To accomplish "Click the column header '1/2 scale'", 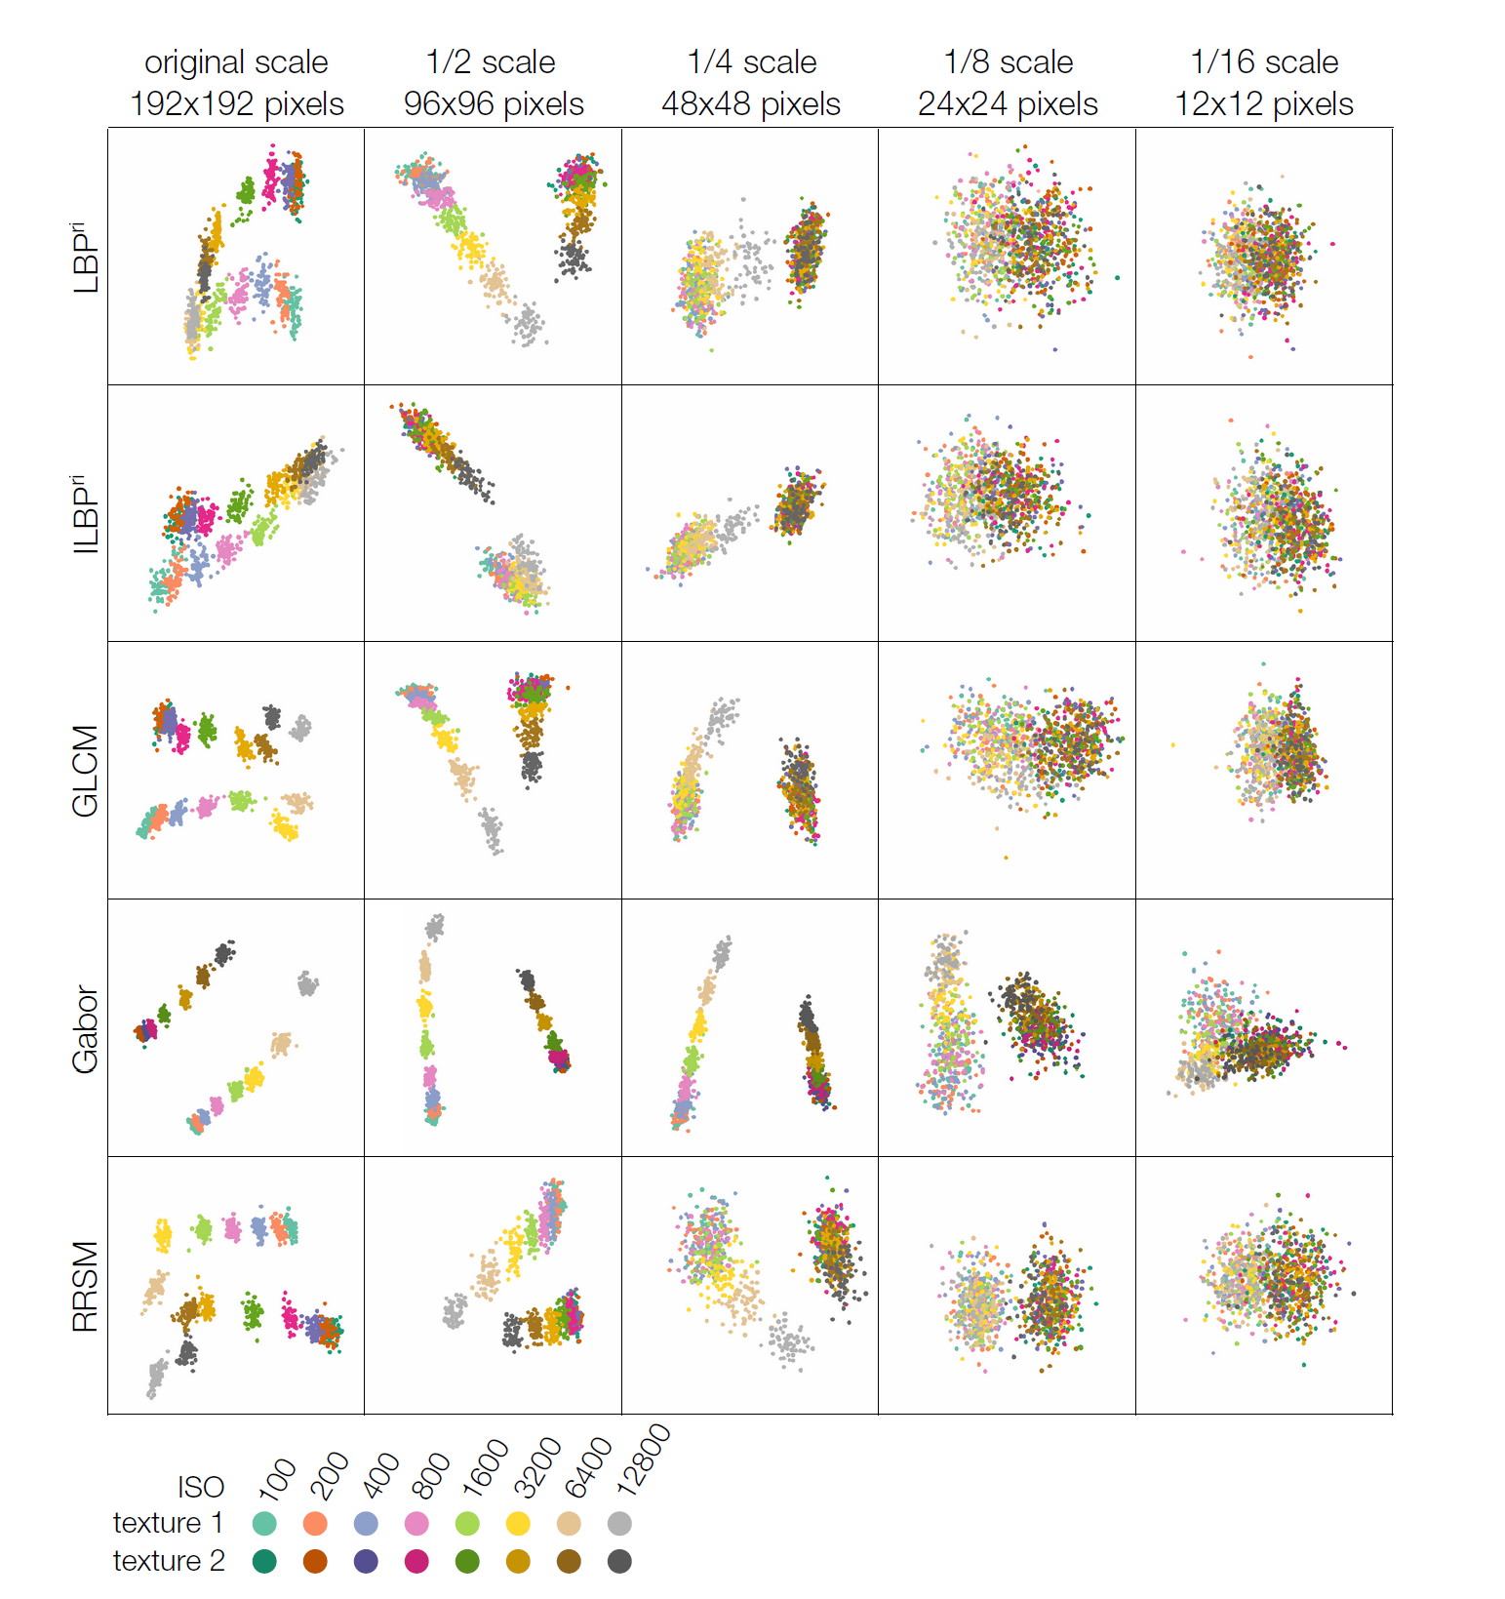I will click(492, 62).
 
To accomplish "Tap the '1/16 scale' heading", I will click(1264, 62).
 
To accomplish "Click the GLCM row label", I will click(86, 771).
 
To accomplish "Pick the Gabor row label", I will click(86, 1028).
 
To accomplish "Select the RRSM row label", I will click(86, 1286).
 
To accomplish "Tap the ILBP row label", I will click(86, 514).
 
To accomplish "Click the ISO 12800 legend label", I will click(644, 1460).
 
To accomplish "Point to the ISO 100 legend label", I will click(277, 1478).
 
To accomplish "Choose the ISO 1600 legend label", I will click(485, 1468).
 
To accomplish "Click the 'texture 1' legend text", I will click(168, 1523).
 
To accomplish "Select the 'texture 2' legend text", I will click(168, 1561).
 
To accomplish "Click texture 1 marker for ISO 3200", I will click(518, 1523).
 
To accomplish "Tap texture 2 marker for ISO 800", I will click(416, 1561).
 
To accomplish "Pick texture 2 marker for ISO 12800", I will click(619, 1561).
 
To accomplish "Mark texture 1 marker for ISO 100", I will click(264, 1523).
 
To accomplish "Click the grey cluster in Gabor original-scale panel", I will click(307, 983).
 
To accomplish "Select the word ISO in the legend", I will click(201, 1487).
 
